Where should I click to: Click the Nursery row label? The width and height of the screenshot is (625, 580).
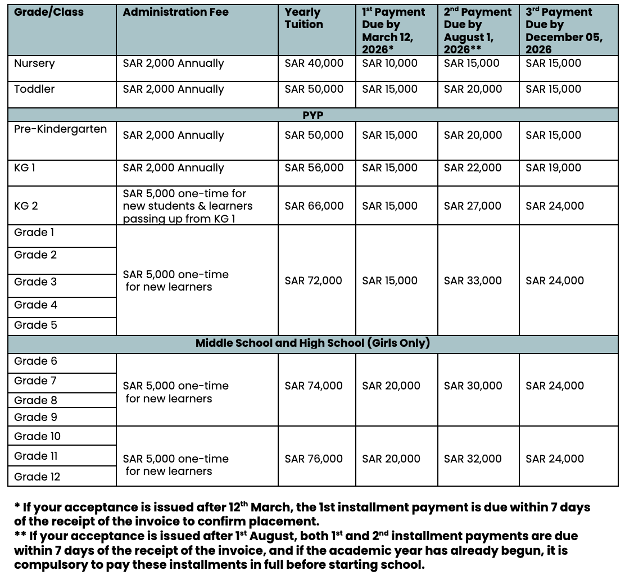(34, 64)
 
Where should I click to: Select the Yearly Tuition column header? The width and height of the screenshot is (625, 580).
(304, 18)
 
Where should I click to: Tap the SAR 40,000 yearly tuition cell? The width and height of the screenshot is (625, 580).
(314, 64)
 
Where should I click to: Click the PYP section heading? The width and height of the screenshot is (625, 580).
(312, 115)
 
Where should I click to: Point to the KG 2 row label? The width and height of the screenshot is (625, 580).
(26, 206)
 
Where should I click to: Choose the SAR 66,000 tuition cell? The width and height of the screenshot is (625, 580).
(314, 206)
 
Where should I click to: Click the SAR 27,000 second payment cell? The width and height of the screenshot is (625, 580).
(472, 206)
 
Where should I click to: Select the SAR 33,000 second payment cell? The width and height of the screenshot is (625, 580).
(473, 280)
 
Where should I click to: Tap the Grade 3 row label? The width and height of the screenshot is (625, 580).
(35, 282)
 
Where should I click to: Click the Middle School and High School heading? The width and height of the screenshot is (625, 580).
(312, 343)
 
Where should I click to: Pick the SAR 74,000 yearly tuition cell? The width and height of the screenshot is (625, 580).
(314, 386)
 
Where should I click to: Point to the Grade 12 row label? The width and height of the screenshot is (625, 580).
(37, 477)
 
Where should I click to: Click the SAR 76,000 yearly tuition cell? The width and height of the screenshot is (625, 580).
(314, 459)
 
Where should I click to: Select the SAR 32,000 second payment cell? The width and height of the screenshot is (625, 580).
(473, 459)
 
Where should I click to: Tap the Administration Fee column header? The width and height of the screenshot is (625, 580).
(175, 12)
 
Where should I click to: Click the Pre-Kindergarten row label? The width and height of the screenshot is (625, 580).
(60, 129)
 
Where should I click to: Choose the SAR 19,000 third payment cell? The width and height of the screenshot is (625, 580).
(554, 167)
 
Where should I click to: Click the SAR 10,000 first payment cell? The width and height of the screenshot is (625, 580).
(390, 64)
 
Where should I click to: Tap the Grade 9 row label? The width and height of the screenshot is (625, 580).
(35, 417)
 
